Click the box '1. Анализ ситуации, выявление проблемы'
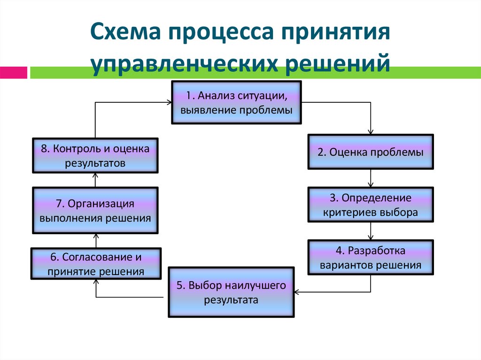point(236,102)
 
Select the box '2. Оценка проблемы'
point(371,152)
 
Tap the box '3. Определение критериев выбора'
point(371,205)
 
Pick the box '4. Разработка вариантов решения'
point(371,257)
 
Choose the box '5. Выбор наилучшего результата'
point(231,292)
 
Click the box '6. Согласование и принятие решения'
point(96,264)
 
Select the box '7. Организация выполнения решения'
point(95,211)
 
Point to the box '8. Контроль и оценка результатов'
point(95,155)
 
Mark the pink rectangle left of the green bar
point(13,73)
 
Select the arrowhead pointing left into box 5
point(297,292)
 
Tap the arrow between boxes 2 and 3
point(371,178)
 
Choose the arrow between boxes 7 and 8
point(95,180)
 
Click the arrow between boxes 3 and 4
point(371,231)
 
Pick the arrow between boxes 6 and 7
point(95,240)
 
